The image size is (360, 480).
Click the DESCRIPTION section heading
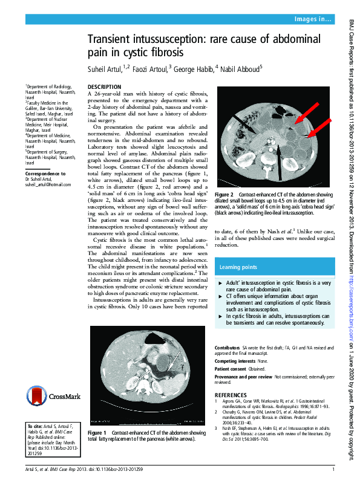point(105,87)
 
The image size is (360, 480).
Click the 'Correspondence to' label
point(46,174)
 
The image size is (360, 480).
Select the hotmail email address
point(44,184)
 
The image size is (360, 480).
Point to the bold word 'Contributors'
point(227,348)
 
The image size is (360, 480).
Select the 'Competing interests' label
point(234,360)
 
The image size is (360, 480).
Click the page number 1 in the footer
point(333,469)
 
